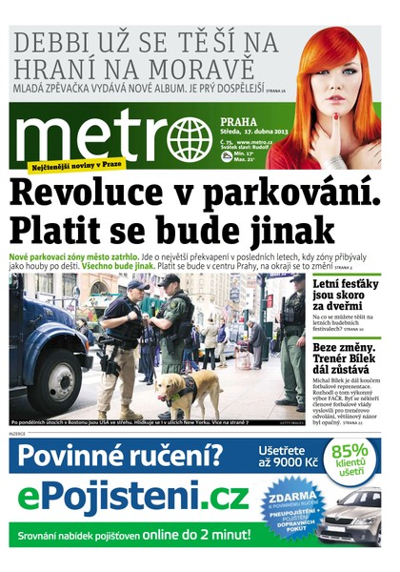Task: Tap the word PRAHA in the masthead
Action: pyautogui.click(x=236, y=121)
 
